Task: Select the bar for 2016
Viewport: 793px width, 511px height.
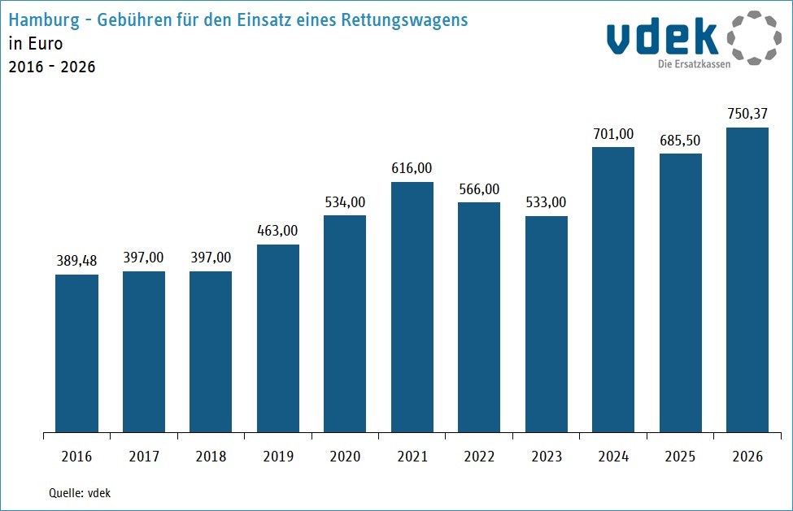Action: [76, 353]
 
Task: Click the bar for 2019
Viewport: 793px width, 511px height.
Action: [278, 338]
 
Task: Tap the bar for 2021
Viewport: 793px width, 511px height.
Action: [412, 307]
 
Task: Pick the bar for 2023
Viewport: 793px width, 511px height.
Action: [547, 324]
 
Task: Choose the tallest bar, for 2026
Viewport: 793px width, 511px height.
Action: [747, 279]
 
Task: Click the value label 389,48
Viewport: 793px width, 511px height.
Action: [76, 261]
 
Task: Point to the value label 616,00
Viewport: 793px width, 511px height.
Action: [412, 168]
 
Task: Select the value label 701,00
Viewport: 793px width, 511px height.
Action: [613, 133]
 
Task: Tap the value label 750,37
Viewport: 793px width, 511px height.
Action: [747, 114]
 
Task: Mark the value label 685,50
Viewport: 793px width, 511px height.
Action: [681, 140]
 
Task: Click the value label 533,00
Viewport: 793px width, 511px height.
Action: [547, 202]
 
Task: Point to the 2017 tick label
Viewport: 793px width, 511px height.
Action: [144, 457]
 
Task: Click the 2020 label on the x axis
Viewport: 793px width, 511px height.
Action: [345, 457]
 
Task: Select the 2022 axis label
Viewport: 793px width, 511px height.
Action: [479, 457]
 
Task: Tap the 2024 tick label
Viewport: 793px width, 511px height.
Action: [613, 457]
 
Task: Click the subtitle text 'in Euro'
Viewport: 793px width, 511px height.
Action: [35, 43]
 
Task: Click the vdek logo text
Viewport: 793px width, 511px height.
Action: [663, 37]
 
